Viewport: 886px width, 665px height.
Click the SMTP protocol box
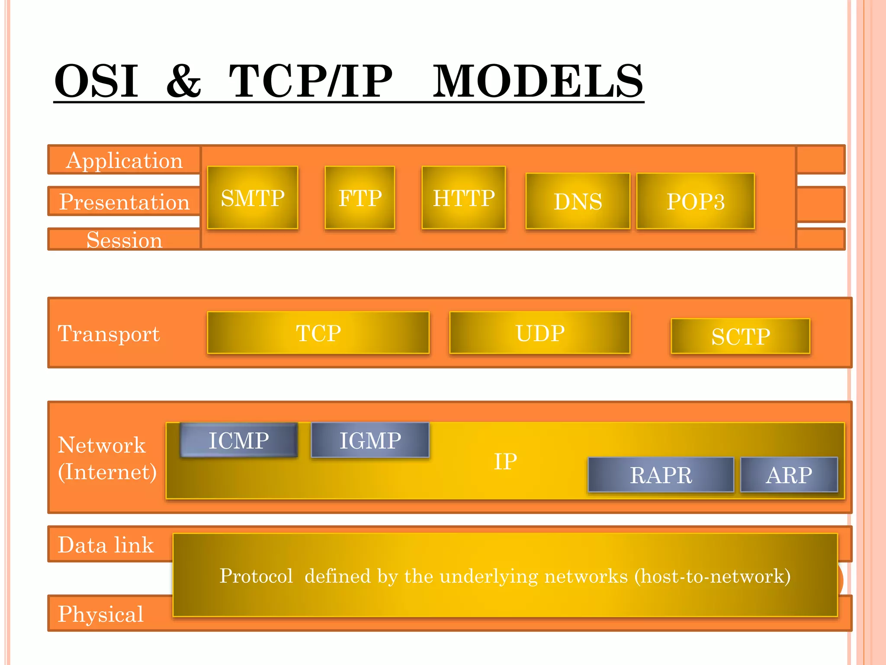coord(253,198)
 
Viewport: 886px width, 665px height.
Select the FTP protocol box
coord(360,198)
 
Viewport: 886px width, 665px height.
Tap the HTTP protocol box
coord(464,198)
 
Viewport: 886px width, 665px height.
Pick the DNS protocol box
coord(578,201)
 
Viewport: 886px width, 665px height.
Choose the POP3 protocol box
coord(696,201)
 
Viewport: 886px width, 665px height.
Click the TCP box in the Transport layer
coord(318,333)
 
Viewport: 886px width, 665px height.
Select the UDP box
coord(540,333)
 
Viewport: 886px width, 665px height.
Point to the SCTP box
coord(741,336)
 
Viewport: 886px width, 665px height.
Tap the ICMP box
coord(239,440)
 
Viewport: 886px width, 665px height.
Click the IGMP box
coord(370,440)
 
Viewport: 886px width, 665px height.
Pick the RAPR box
coord(661,475)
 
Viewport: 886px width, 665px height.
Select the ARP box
coord(789,475)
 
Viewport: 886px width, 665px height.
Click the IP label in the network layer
coord(505,461)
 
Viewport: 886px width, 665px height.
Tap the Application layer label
coord(125,160)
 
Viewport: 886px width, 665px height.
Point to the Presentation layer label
coord(125,201)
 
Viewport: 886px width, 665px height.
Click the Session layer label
coord(125,240)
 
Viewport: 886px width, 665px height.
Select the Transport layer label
coord(109,333)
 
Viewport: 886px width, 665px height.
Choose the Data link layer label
coord(106,545)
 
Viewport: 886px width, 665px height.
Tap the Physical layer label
coord(100,614)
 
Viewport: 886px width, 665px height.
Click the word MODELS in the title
coord(538,81)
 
